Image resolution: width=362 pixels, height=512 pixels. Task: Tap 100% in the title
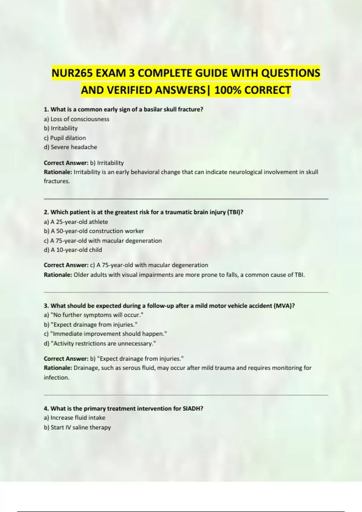coord(227,90)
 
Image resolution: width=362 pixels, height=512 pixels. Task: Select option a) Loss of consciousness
coord(77,119)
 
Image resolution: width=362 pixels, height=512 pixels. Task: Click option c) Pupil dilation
coord(65,138)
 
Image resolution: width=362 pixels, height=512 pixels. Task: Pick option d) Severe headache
coord(70,147)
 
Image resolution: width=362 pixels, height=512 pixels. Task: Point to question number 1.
coord(46,109)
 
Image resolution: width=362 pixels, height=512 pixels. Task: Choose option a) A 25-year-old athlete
coord(76,222)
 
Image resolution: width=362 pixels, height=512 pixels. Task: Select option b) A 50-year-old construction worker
coord(94,231)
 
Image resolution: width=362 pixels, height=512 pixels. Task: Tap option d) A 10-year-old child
coord(73,250)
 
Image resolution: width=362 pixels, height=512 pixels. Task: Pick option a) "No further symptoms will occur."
coord(94,315)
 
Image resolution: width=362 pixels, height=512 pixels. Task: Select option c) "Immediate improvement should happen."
coord(105,334)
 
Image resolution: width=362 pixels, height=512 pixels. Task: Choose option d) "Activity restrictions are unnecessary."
coord(100,344)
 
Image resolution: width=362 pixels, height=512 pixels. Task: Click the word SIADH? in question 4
coord(193,409)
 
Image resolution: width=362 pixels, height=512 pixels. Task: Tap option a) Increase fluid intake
coord(75,418)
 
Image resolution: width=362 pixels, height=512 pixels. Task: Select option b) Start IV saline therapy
coord(77,427)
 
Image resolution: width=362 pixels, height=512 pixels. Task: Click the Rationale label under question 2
coord(58,275)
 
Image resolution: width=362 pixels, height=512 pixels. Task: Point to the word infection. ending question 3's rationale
coord(56,378)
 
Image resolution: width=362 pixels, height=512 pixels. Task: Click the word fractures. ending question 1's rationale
coord(57,181)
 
